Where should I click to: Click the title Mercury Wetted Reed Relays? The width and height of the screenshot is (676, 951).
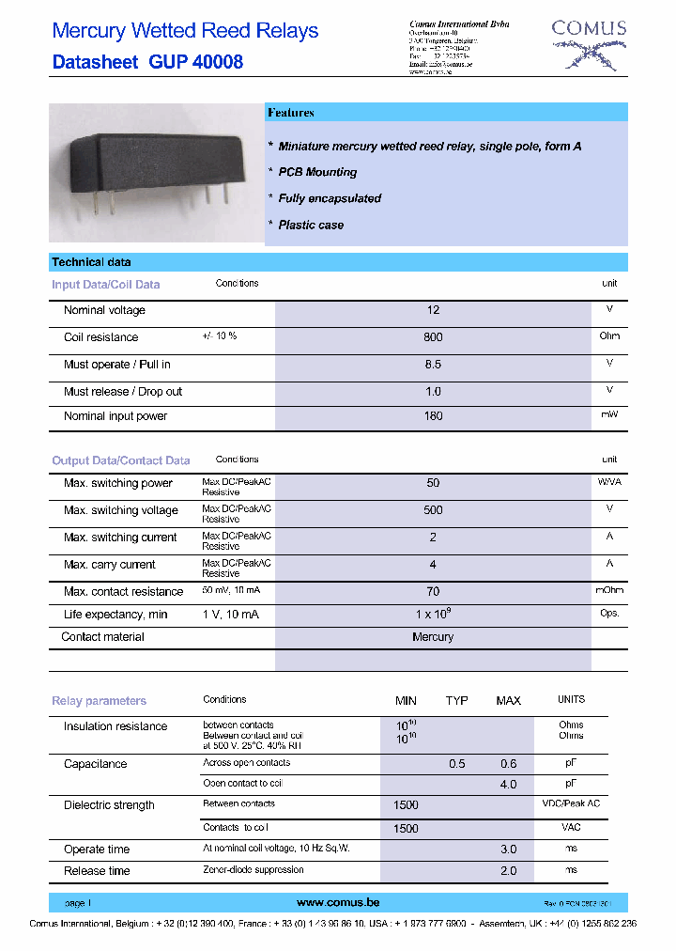(185, 31)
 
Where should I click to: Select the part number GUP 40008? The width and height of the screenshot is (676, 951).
(195, 63)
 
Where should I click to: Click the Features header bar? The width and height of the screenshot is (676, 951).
(446, 113)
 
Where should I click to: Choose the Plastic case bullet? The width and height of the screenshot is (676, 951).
(311, 226)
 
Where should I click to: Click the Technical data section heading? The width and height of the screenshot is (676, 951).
(91, 262)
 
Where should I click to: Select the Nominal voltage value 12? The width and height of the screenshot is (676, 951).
(433, 310)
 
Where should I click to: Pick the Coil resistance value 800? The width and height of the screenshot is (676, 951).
(433, 337)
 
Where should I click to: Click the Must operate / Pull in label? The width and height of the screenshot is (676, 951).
(116, 365)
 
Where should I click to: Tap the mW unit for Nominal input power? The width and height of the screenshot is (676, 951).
(609, 414)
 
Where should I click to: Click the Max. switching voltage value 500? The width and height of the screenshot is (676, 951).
(433, 510)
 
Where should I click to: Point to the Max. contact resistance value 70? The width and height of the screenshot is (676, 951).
(433, 592)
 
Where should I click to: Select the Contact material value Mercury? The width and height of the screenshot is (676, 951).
(433, 637)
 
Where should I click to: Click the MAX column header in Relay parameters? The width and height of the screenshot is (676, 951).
(508, 701)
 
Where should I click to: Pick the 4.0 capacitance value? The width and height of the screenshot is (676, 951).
(508, 784)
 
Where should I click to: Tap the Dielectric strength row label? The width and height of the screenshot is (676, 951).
(109, 805)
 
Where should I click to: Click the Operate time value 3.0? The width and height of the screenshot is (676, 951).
(508, 850)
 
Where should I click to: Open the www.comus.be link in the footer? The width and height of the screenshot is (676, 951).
(338, 902)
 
